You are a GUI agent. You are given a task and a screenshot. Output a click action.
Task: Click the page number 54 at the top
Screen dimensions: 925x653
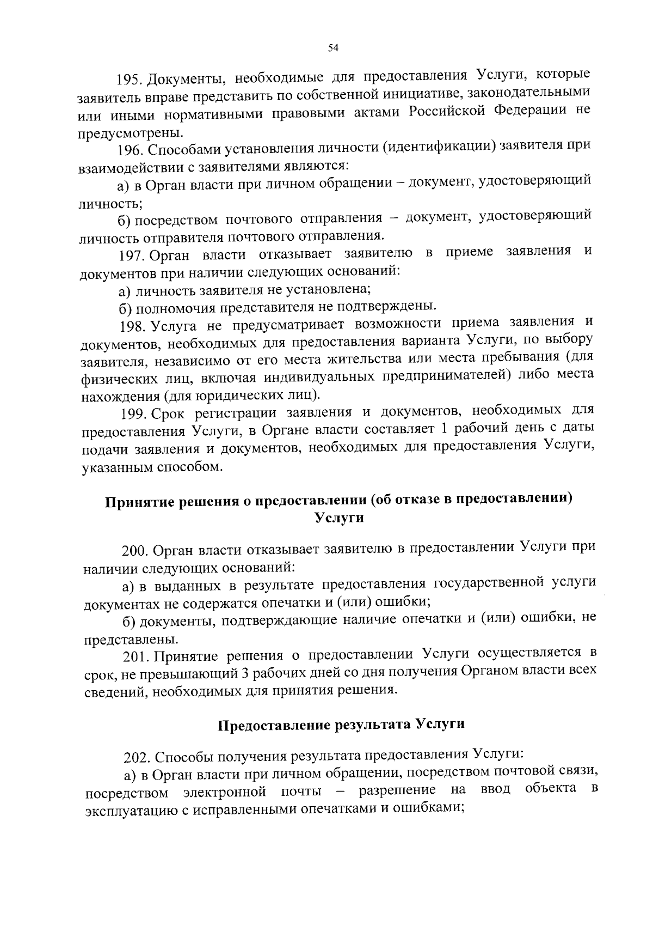click(333, 48)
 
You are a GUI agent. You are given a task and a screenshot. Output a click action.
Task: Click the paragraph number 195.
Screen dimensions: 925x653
click(129, 80)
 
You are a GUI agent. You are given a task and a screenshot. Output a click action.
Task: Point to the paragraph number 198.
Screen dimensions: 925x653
click(132, 326)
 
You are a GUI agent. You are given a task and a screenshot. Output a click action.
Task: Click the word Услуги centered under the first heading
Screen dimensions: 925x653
click(340, 518)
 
